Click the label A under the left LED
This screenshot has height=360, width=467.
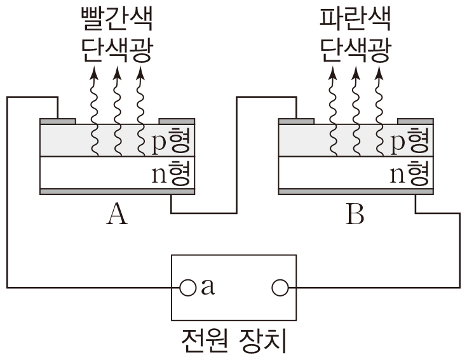117,215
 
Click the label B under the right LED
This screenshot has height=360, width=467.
355,215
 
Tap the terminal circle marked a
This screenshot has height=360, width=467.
187,288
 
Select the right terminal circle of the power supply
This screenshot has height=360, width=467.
279,288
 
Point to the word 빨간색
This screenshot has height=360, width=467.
116,20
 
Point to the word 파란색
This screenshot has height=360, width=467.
355,20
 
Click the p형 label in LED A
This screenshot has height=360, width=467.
171,142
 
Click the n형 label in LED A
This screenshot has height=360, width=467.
171,173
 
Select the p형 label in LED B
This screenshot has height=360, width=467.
410,142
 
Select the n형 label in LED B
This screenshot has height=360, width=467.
410,173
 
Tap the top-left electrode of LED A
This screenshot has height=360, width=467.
58,121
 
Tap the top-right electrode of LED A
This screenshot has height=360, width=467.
176,121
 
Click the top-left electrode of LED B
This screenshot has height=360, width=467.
297,121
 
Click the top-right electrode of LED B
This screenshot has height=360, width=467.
416,121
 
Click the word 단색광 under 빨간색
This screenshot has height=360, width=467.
116,50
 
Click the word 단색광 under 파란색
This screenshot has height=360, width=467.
355,50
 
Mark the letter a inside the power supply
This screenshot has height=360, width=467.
206,289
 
